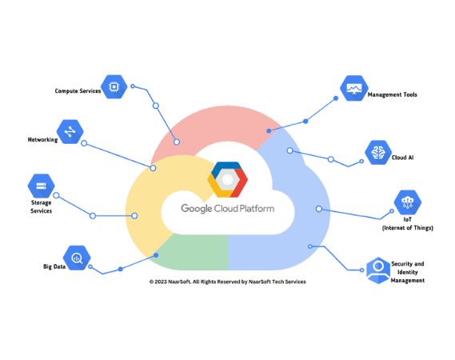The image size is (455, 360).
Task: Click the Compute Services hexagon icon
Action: [x=114, y=86]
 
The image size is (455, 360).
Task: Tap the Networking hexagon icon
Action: [x=70, y=131]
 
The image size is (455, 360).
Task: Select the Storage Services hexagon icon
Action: [x=41, y=186]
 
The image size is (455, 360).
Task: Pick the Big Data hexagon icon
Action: [x=77, y=258]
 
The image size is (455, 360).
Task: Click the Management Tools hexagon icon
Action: [x=353, y=89]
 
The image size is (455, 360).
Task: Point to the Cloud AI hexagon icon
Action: [x=377, y=152]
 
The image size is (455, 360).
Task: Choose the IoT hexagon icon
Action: [x=407, y=202]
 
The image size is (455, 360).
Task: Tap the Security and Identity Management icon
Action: [x=377, y=270]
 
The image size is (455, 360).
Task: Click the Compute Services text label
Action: [x=78, y=91]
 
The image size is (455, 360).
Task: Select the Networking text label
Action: [x=42, y=140]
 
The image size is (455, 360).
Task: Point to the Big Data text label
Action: [x=54, y=266]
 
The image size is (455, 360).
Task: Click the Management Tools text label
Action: [x=392, y=95]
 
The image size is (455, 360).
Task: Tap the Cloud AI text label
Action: [x=402, y=158]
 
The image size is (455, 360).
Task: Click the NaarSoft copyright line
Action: [x=227, y=282]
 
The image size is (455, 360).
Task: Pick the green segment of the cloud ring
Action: [x=190, y=254]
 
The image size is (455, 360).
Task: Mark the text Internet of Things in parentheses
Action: [x=407, y=228]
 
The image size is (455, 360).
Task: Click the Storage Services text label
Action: [x=41, y=206]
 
